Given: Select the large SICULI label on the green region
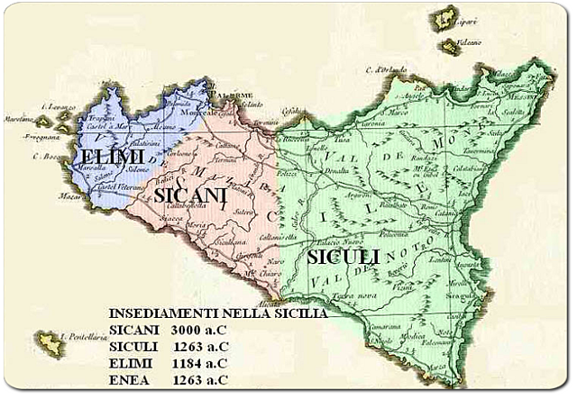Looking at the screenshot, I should coord(343,258).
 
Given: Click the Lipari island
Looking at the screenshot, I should coord(444,19).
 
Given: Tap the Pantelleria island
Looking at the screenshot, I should coord(49,342).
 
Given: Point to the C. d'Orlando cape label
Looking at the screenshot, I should coord(385,69).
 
